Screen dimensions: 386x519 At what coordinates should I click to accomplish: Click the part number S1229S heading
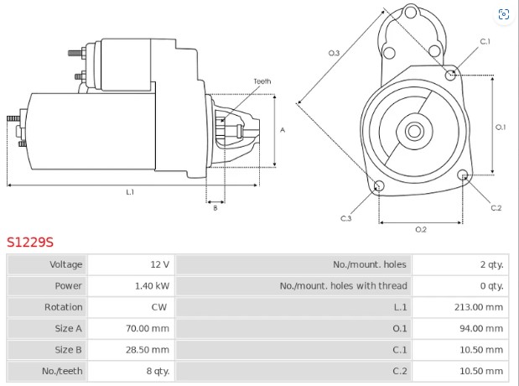click(x=30, y=243)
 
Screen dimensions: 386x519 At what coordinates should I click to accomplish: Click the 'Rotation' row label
click(x=64, y=307)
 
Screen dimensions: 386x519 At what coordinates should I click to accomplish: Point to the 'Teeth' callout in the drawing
click(x=262, y=81)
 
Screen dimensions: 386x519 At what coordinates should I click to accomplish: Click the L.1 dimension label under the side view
click(x=130, y=192)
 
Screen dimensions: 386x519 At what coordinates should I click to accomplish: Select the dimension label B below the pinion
click(x=215, y=207)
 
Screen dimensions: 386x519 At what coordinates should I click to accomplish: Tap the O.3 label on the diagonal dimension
click(x=333, y=53)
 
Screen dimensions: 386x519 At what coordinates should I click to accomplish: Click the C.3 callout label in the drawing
click(x=345, y=218)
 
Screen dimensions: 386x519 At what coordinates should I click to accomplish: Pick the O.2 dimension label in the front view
click(x=421, y=229)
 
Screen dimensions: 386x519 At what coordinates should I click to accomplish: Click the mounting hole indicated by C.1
click(x=451, y=74)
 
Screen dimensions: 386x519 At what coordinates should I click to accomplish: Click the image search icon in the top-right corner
click(x=504, y=14)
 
